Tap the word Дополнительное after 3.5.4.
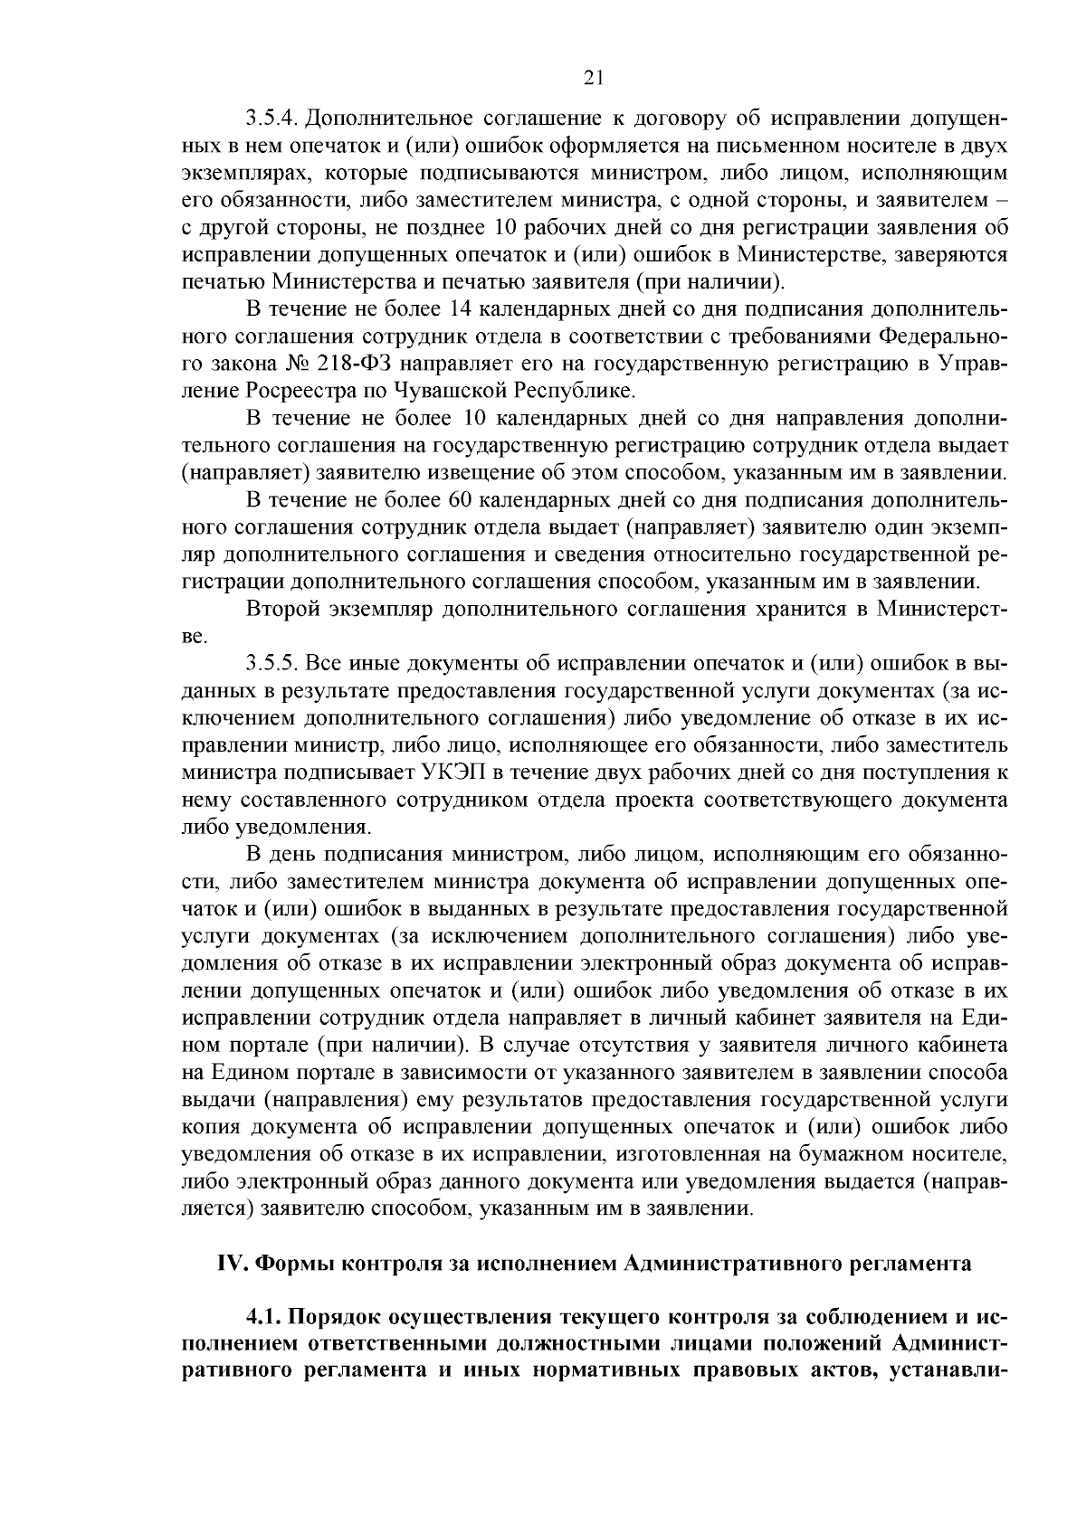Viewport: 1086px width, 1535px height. [391, 119]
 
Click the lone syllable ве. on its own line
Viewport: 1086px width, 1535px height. [195, 637]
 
